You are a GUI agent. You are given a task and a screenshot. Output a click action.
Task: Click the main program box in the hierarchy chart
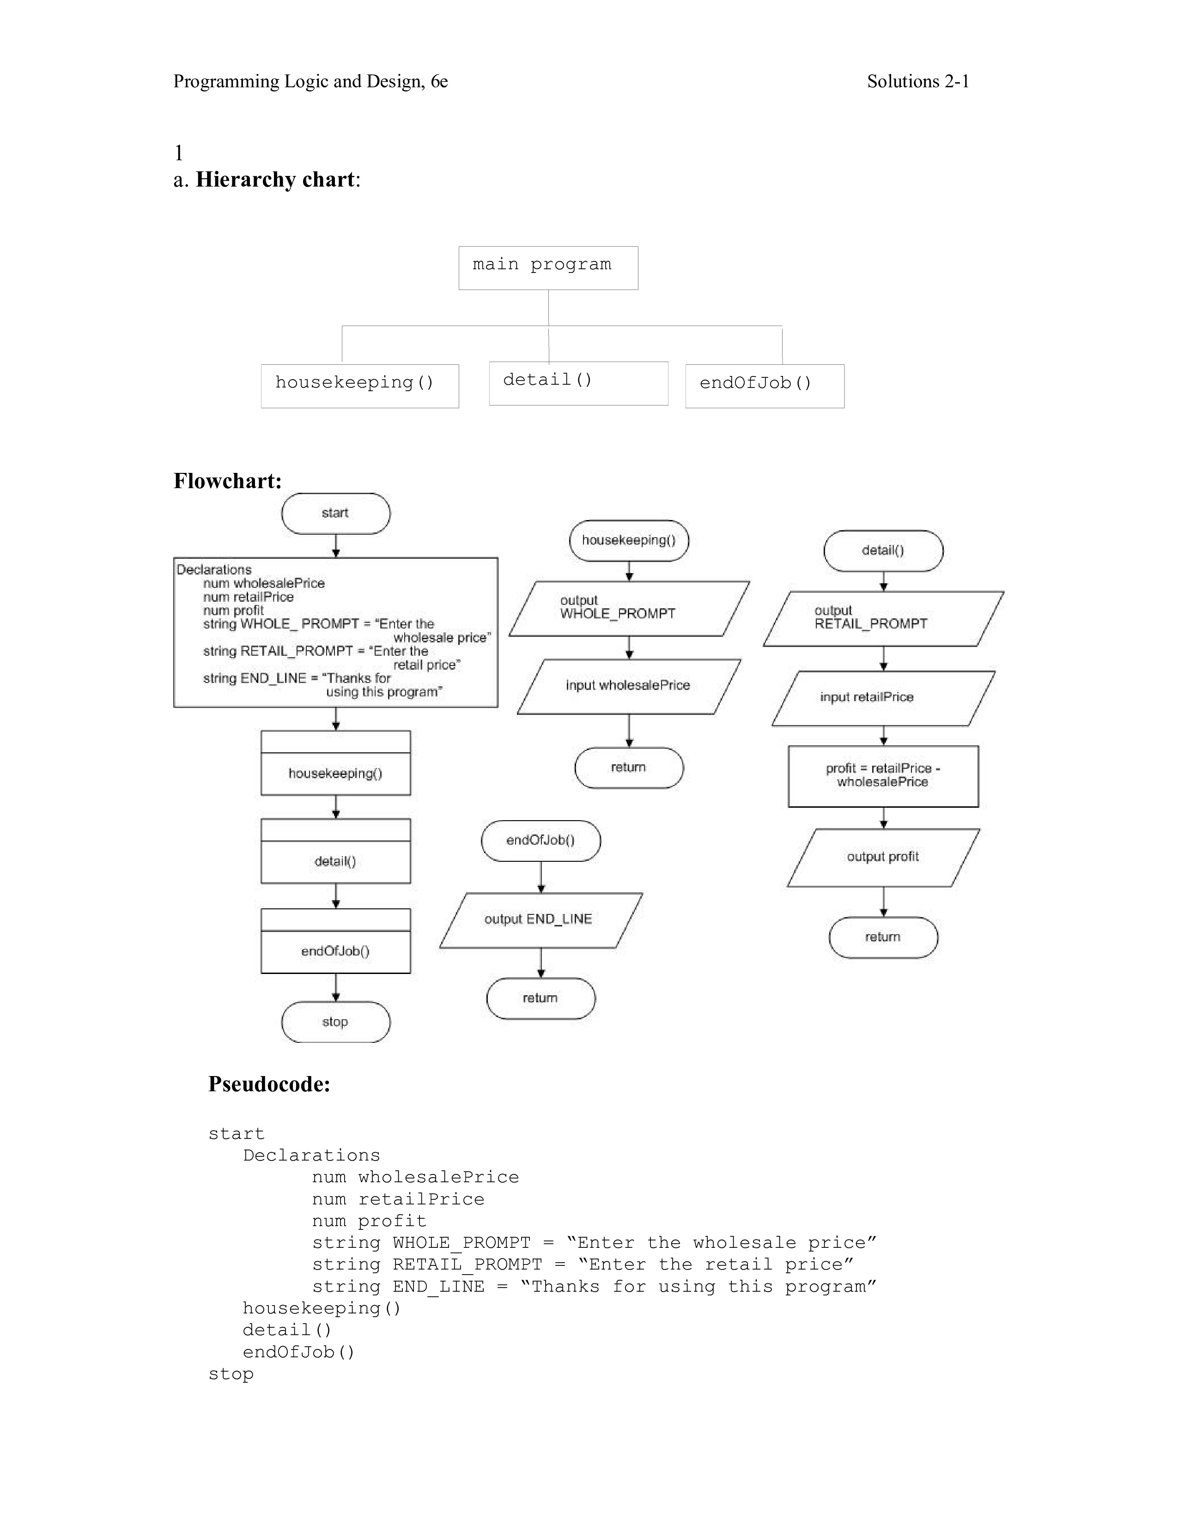coord(548,267)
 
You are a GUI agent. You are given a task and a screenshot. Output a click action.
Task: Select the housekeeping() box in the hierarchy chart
coord(359,385)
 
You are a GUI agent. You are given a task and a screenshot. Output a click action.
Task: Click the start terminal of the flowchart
coord(336,514)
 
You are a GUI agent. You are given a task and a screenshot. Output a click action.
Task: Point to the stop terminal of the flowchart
coord(336,1022)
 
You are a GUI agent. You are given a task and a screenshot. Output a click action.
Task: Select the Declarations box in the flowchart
coord(336,631)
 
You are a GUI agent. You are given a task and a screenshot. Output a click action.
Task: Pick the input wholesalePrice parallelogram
coord(629,686)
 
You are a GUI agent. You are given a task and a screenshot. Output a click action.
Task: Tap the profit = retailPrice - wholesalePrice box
coord(883,776)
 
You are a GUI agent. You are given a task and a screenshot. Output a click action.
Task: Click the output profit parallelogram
coord(883,857)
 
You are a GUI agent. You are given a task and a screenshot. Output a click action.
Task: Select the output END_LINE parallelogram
coord(541,919)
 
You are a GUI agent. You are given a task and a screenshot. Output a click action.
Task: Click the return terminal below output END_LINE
coord(541,998)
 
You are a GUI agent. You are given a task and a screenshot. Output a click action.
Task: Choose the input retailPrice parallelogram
coord(883,697)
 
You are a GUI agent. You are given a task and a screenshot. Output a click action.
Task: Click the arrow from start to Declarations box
coord(336,546)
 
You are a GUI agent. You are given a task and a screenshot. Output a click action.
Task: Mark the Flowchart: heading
coord(227,481)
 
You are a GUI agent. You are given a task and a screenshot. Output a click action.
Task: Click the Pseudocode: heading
coord(269,1084)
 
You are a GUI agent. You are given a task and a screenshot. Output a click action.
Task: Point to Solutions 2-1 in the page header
coord(918,82)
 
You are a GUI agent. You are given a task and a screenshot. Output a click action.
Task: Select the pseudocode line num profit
coord(369,1221)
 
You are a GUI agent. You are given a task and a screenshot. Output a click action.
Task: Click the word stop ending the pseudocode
coord(231,1373)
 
